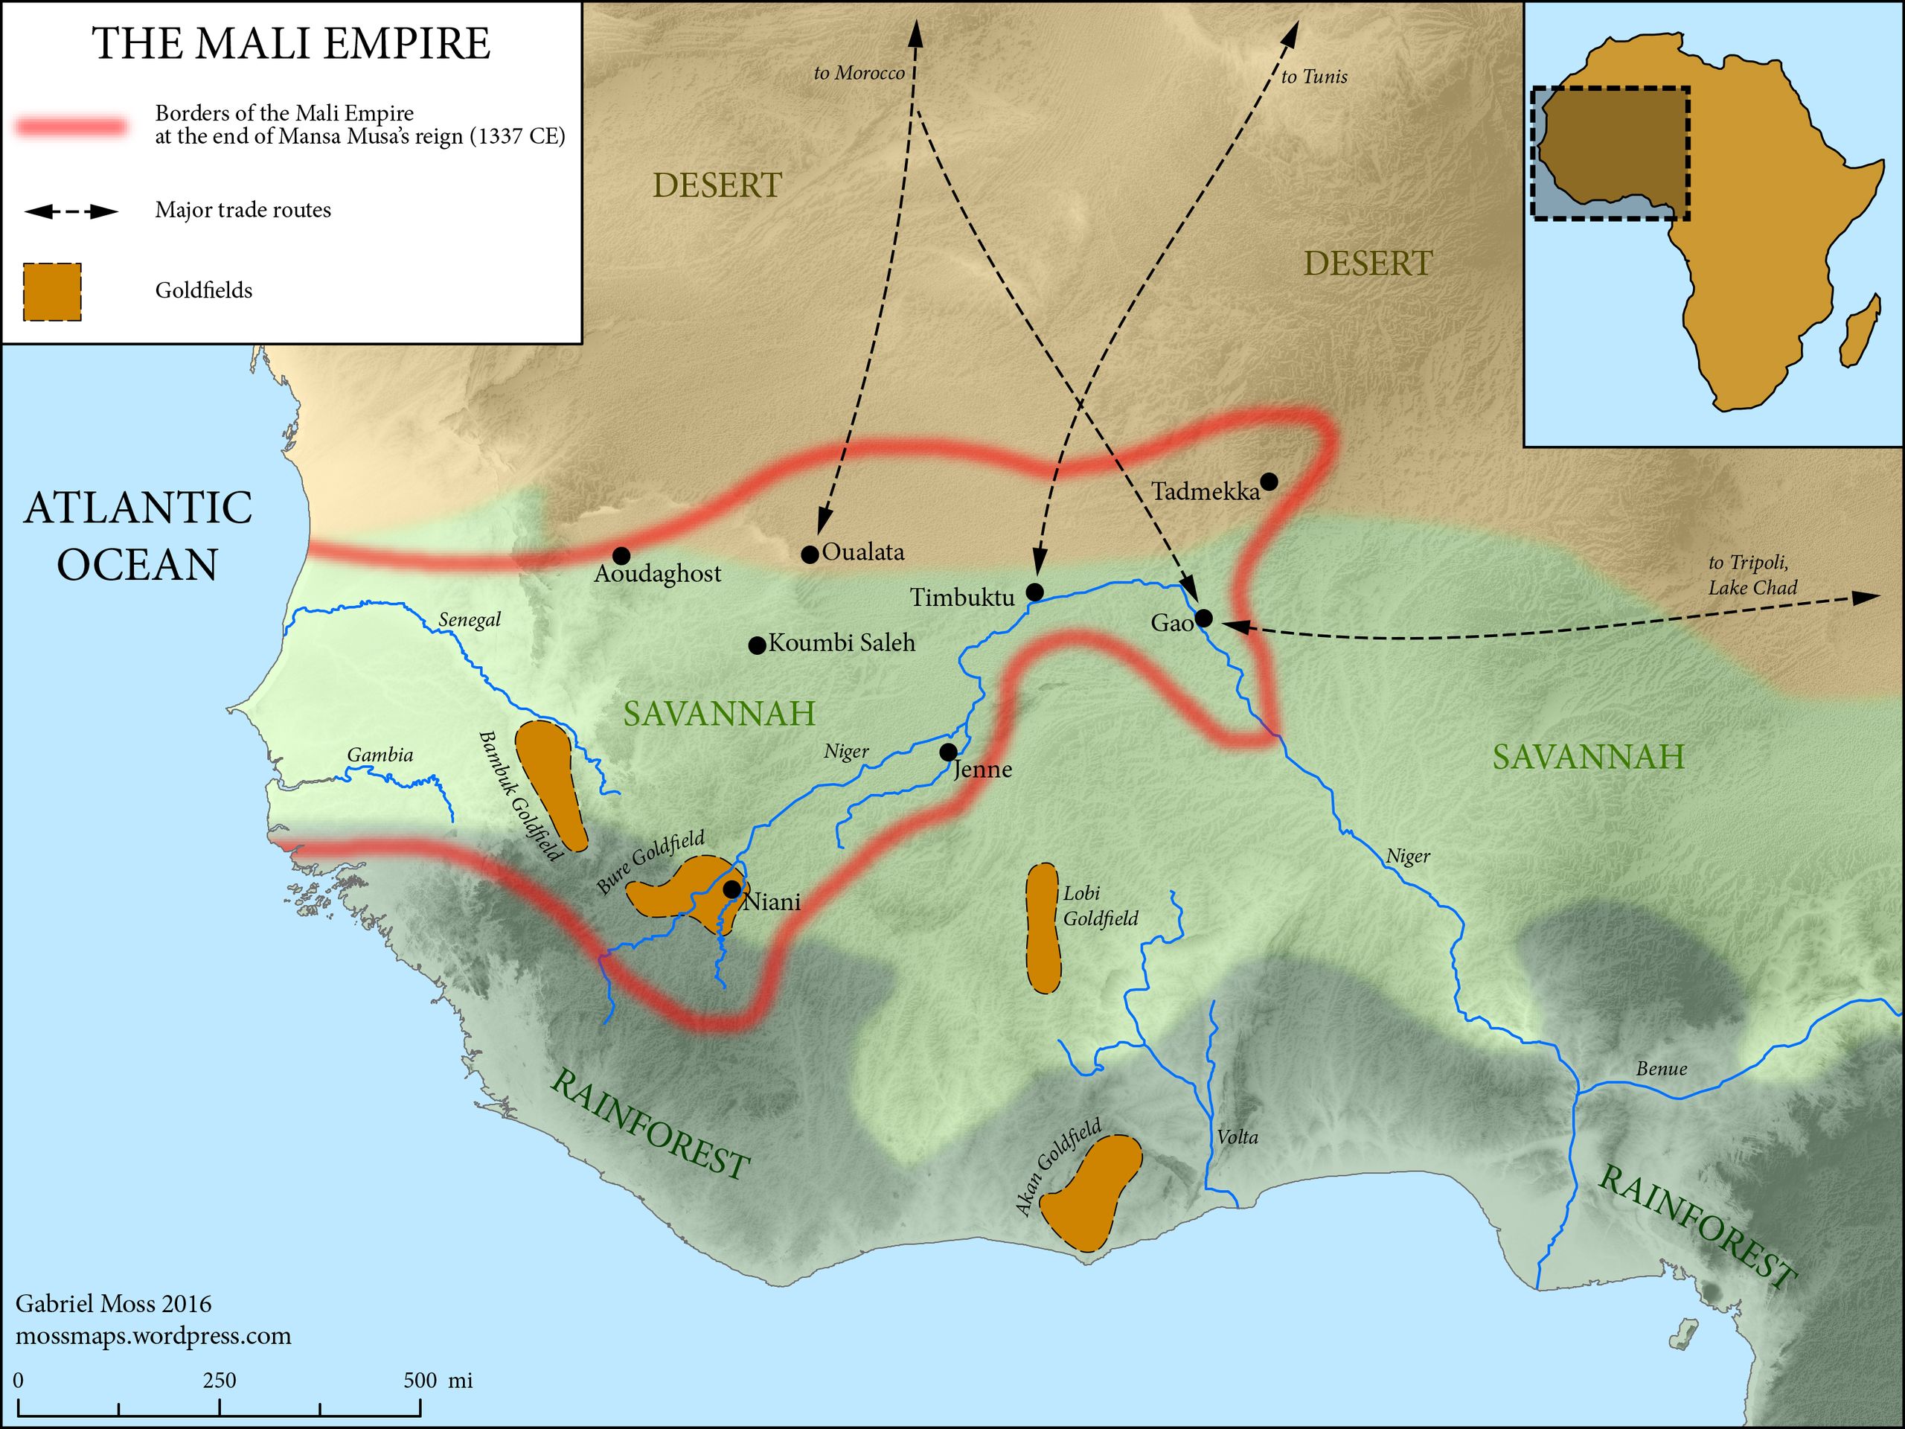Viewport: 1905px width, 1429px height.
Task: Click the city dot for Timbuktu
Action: (x=1035, y=592)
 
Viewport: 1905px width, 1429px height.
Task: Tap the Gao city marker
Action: (x=1204, y=618)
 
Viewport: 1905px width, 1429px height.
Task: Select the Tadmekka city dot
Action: (x=1269, y=481)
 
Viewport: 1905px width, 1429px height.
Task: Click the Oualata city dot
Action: (x=810, y=554)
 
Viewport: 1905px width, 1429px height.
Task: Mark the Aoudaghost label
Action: (x=657, y=574)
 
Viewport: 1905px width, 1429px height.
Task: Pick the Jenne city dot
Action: (x=948, y=752)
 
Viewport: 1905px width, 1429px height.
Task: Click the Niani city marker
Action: (x=731, y=889)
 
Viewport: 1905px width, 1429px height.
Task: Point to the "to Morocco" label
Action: (x=859, y=73)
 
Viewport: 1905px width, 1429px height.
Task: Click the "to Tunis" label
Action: (x=1313, y=77)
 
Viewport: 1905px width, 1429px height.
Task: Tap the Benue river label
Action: (x=1661, y=1069)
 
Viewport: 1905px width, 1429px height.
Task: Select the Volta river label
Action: (x=1237, y=1137)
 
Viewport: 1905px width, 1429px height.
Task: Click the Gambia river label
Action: (x=380, y=755)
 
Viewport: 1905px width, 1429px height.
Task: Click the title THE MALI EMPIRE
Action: (x=291, y=43)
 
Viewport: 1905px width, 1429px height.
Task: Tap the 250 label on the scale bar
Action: (x=219, y=1380)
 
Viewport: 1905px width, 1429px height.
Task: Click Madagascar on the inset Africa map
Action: (x=1859, y=332)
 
